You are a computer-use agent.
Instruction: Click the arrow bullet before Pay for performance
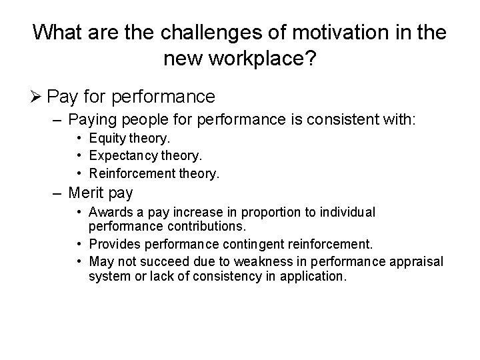38,97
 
